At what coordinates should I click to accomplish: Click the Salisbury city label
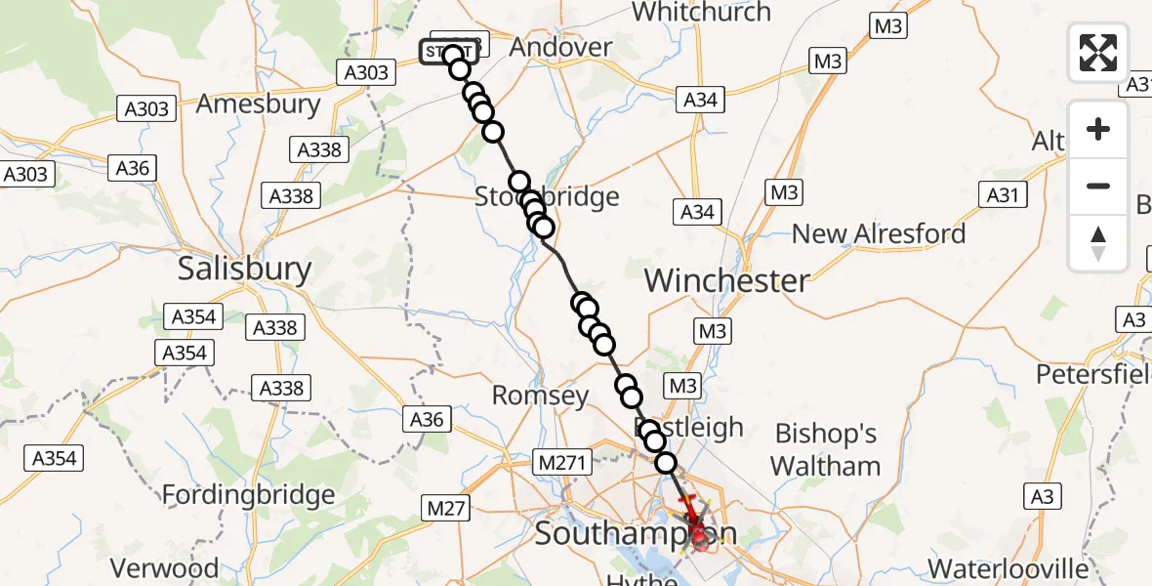244,269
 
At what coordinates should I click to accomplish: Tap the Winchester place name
726,281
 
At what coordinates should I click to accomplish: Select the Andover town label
560,47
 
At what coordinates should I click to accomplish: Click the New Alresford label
879,234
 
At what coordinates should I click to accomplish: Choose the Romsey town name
540,396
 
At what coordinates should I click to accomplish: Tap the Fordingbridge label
248,495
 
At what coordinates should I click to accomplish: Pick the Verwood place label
164,568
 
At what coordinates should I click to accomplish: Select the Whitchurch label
701,13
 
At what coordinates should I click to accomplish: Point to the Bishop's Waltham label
825,449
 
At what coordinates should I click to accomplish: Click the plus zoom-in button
1098,129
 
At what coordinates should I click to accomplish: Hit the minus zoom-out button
1098,186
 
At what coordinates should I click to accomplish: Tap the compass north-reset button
1098,242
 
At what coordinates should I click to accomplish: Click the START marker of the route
448,52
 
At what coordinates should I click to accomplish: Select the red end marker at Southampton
698,532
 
